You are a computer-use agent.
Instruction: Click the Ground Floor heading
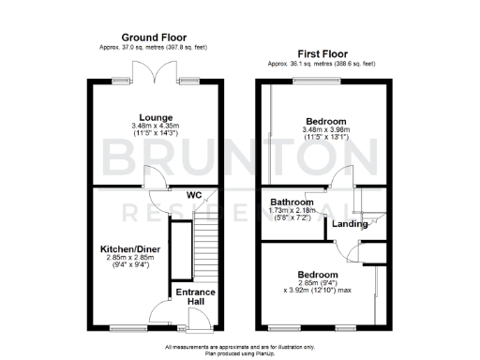coord(155,37)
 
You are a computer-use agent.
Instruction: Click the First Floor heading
coord(324,54)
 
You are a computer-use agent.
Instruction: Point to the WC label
coord(194,195)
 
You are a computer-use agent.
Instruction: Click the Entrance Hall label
coord(197,297)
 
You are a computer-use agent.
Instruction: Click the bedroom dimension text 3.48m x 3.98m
coord(325,130)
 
